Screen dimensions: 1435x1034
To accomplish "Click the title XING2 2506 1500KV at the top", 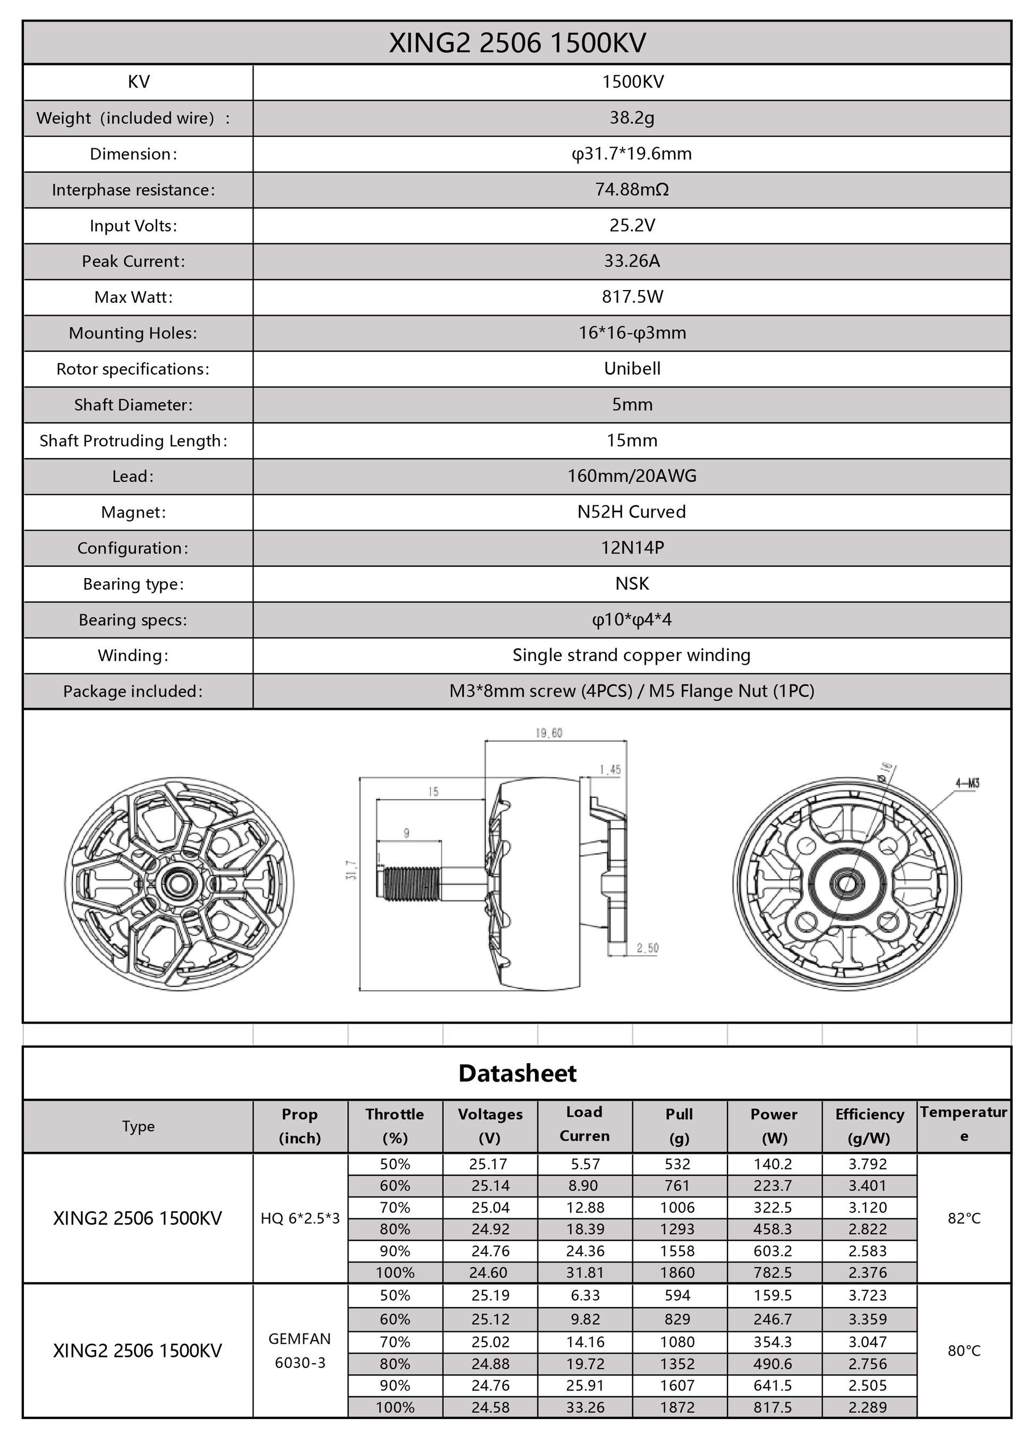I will pos(517,43).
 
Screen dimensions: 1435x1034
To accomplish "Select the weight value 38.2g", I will pos(632,118).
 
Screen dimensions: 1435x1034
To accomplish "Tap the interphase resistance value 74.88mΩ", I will pos(632,189).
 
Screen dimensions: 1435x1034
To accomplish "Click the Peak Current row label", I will pos(133,261).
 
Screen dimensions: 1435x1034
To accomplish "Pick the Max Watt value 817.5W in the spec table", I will pos(632,297).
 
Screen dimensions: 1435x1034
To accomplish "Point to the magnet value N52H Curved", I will pos(632,512).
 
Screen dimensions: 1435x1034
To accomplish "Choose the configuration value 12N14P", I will pos(632,547).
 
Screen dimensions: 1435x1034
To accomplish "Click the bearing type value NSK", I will pos(632,583).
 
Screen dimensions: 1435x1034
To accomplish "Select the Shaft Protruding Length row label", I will pos(133,440).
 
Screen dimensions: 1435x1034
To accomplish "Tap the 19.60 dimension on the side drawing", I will pos(549,733).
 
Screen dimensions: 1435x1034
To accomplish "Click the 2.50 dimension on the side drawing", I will pos(647,948).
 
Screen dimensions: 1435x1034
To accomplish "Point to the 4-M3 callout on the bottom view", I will pos(967,783).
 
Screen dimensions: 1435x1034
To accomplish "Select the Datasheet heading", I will pos(517,1073).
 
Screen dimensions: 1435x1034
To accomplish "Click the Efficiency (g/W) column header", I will pos(869,1126).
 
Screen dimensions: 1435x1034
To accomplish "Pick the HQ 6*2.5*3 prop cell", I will pos(300,1218).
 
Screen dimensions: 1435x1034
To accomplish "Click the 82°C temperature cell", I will pos(963,1218).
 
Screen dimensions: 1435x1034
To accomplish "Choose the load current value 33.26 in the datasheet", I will pos(584,1407).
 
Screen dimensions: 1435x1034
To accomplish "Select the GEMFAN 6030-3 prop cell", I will pos(300,1350).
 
